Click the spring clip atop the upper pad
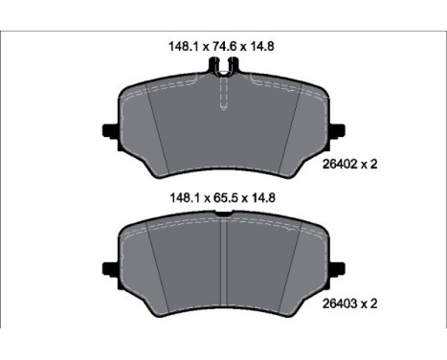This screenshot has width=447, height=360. pyautogui.click(x=223, y=67)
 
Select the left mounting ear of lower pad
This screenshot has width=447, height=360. pyautogui.click(x=108, y=268)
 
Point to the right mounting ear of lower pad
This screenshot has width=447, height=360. pyautogui.click(x=339, y=268)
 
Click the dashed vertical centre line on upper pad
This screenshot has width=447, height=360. pyautogui.click(x=223, y=96)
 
